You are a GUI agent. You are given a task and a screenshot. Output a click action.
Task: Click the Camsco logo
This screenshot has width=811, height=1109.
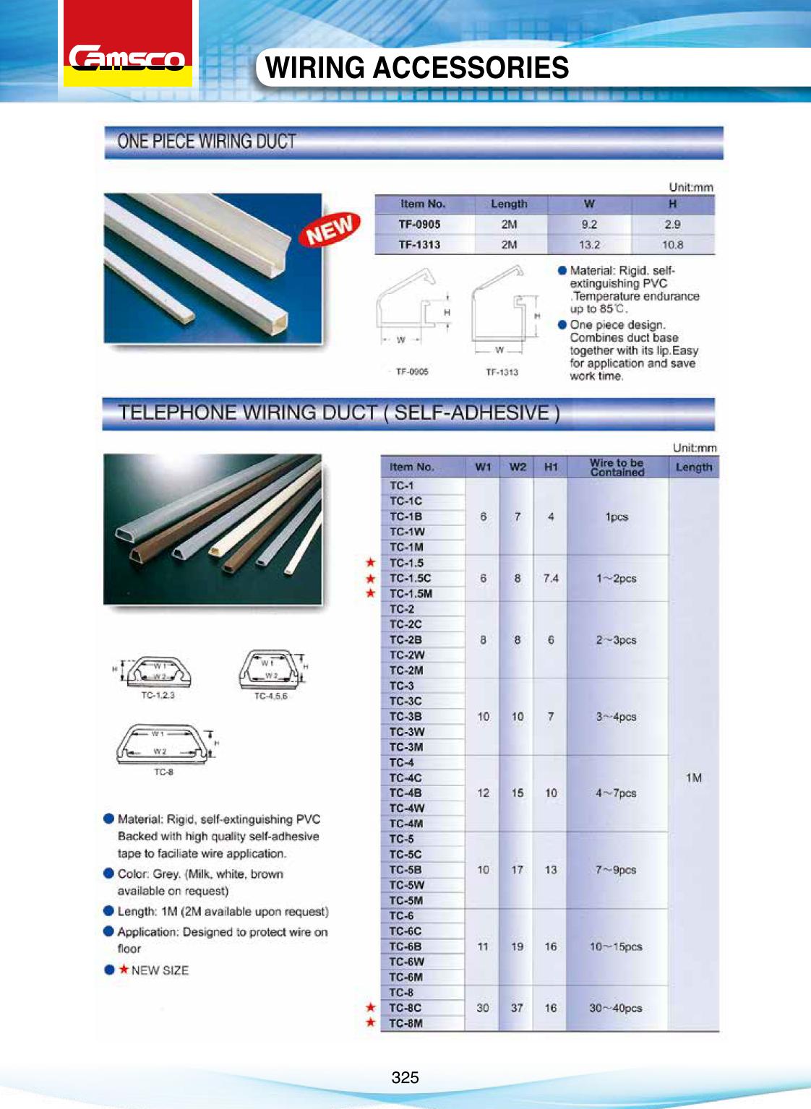pyautogui.click(x=127, y=58)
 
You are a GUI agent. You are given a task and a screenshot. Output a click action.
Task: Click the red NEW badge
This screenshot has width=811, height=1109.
pyautogui.click(x=330, y=230)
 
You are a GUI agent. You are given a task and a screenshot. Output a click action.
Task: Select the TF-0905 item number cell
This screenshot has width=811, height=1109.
pyautogui.click(x=419, y=225)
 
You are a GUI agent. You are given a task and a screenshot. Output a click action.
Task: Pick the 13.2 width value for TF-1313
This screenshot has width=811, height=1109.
pyautogui.click(x=589, y=245)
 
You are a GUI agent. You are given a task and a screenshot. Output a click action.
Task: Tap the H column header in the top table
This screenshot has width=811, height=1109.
pyautogui.click(x=672, y=204)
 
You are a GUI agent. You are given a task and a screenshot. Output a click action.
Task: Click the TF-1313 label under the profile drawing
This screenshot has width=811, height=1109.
pyautogui.click(x=502, y=372)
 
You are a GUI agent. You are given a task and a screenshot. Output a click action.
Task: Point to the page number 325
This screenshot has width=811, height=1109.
pyautogui.click(x=405, y=1078)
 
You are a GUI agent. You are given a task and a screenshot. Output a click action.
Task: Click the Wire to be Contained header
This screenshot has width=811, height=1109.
pyautogui.click(x=617, y=467)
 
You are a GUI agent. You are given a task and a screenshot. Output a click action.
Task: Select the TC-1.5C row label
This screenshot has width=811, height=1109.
pyautogui.click(x=410, y=578)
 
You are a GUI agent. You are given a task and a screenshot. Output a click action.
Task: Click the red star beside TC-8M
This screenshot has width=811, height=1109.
pyautogui.click(x=371, y=1022)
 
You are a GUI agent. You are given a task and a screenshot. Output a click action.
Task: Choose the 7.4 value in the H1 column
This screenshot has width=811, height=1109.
pyautogui.click(x=551, y=578)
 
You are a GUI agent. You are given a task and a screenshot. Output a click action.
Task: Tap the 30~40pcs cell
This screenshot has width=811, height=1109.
pyautogui.click(x=615, y=1008)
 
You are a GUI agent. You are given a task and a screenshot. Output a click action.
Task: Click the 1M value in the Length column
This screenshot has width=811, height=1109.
pyautogui.click(x=694, y=777)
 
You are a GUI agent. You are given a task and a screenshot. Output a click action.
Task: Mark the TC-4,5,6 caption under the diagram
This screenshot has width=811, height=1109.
pyautogui.click(x=270, y=696)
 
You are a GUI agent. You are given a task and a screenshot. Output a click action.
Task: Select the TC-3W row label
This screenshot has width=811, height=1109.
pyautogui.click(x=407, y=732)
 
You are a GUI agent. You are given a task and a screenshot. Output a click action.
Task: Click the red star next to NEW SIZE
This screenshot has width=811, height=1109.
pyautogui.click(x=124, y=970)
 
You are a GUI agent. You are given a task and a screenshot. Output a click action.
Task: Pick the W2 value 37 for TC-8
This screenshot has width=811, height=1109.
pyautogui.click(x=517, y=1008)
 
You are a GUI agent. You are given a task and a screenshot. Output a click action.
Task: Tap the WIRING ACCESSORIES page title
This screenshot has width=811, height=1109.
pyautogui.click(x=417, y=68)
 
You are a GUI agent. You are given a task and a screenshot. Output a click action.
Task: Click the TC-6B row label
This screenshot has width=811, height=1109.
pyautogui.click(x=405, y=946)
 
